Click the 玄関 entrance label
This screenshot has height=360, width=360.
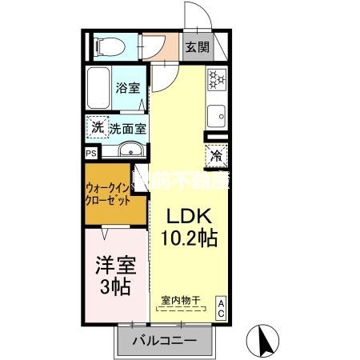(x=198, y=46)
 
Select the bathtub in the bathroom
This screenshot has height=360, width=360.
(x=99, y=90)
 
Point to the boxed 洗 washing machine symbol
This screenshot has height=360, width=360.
(x=96, y=127)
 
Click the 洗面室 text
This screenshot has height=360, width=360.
(x=127, y=127)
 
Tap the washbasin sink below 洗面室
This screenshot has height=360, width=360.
(x=130, y=150)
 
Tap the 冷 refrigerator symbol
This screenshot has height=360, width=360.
(x=217, y=155)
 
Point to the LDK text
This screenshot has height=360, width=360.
(x=188, y=217)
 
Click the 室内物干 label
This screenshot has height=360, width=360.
(x=180, y=301)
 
